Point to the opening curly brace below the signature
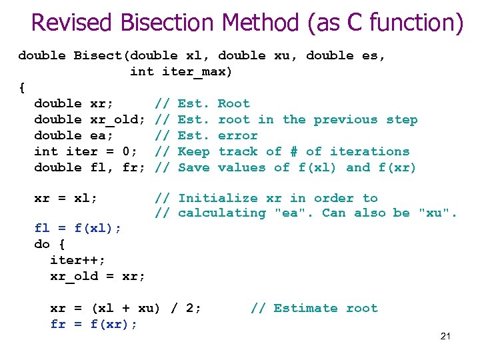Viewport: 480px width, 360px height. click(22, 87)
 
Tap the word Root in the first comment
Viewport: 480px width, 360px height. click(234, 103)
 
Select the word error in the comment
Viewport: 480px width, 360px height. click(238, 136)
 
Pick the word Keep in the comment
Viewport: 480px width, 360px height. click(194, 151)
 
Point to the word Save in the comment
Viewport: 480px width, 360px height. click(194, 167)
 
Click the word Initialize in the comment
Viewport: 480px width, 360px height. click(217, 198)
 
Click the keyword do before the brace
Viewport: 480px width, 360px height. click(42, 244)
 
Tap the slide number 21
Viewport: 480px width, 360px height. click(445, 336)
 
